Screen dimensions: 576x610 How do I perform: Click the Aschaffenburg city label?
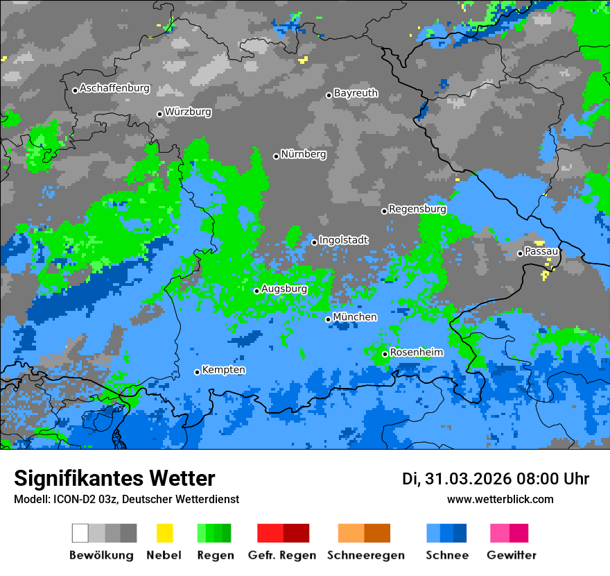114,89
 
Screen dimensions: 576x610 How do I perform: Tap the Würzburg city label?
188,112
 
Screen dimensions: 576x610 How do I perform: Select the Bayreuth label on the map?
356,93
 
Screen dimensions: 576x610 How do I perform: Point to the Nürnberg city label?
304,155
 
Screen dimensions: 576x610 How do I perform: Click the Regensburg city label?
417,209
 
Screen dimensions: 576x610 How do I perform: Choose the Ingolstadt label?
343,240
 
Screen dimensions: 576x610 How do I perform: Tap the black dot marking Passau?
520,253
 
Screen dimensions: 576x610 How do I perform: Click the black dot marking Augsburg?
256,291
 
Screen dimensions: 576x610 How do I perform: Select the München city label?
355,317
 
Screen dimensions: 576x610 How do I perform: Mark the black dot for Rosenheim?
385,354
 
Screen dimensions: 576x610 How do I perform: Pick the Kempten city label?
223,370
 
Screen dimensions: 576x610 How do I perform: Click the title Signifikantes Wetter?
114,478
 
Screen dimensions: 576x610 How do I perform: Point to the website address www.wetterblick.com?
500,499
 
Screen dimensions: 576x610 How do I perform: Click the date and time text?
496,479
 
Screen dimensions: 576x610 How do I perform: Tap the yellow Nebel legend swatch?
165,533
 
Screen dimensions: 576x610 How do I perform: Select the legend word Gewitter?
511,555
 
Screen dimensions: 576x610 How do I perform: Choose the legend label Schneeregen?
364,555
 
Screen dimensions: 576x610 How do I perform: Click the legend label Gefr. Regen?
282,555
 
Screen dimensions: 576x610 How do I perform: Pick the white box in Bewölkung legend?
80,533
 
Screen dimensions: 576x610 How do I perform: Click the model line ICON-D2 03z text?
126,499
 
